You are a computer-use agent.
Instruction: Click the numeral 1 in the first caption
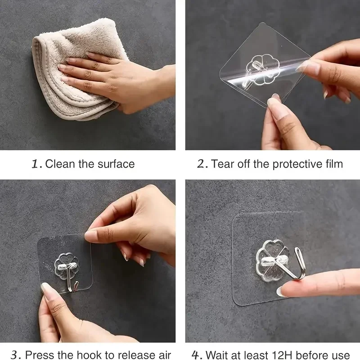tap(36, 164)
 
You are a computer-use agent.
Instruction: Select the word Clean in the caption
tap(59, 164)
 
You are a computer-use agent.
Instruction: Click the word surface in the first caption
tap(116, 164)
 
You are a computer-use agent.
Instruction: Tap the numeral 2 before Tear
tap(202, 164)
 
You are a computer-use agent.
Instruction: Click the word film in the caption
tap(333, 164)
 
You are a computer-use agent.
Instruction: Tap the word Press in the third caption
tap(38, 355)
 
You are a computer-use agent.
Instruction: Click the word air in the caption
tap(164, 355)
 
